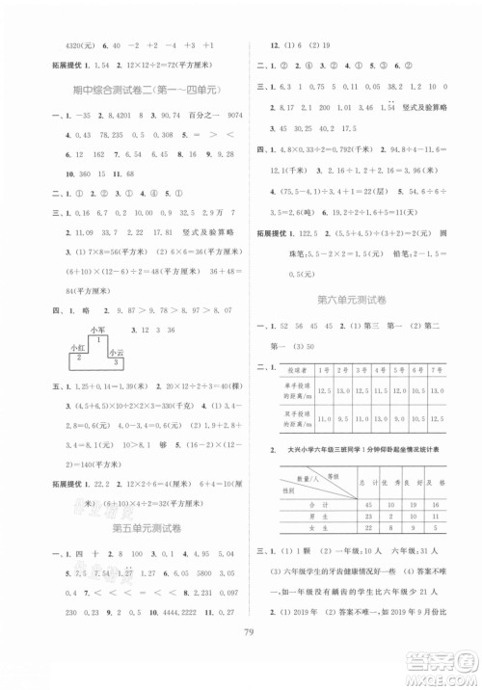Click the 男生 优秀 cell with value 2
tap(388, 516)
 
